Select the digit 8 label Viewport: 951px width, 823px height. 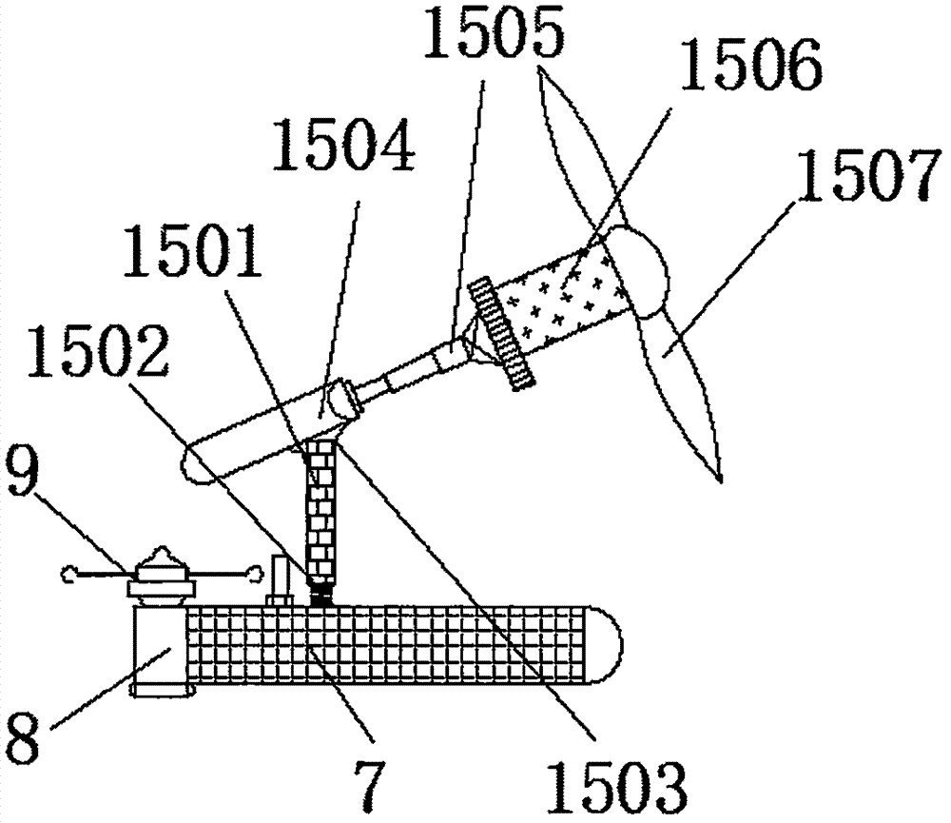pos(21,735)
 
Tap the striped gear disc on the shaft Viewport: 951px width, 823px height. pos(501,332)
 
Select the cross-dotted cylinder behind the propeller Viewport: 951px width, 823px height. pos(562,298)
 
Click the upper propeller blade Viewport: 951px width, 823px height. pos(584,151)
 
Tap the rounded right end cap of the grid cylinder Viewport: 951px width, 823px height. pos(604,644)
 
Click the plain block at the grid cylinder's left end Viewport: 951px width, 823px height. pos(158,651)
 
